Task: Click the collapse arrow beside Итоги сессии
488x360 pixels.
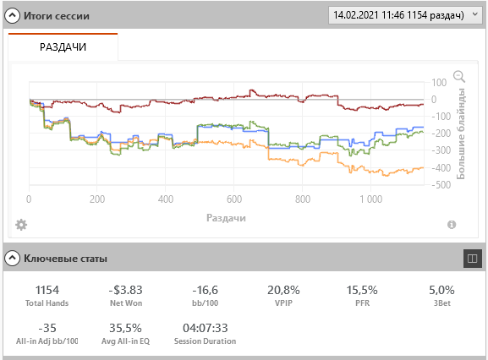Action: pos(12,15)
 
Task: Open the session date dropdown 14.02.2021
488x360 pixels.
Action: pos(404,15)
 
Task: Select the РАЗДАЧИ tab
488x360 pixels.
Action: pos(63,47)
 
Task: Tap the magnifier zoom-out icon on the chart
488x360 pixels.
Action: pos(459,76)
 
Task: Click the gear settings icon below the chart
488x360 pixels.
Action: pos(21,225)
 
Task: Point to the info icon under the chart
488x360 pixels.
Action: pos(452,225)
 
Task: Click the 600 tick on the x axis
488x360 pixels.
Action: pos(234,199)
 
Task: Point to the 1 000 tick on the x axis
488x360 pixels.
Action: pos(371,199)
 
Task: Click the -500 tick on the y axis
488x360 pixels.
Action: pos(441,185)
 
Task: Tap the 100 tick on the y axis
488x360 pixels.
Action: pos(439,83)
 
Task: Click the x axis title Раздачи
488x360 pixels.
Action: pos(227,218)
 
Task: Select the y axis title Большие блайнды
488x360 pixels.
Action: pos(461,134)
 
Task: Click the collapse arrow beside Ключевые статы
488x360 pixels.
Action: pos(12,258)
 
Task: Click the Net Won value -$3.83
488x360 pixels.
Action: pos(126,290)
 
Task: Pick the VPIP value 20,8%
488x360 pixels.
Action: pos(283,290)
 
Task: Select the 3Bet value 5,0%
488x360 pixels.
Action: pos(441,290)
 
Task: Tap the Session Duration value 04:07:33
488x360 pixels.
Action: pos(206,328)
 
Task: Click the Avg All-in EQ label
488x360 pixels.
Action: pos(125,341)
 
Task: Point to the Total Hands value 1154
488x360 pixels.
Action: pos(47,290)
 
